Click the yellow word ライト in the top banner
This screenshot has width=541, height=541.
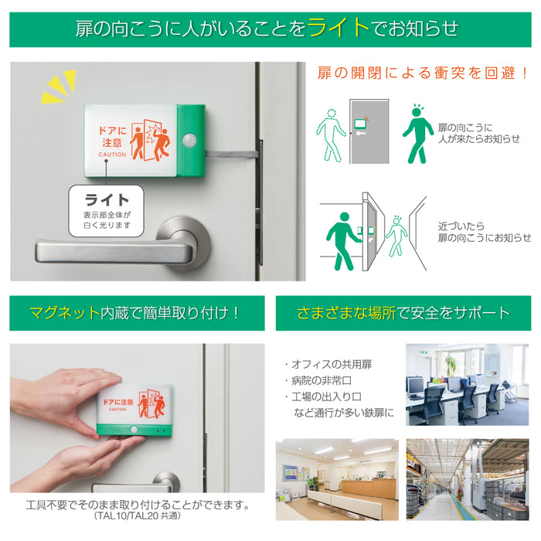tap(339, 28)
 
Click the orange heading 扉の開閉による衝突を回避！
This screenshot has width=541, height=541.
tap(424, 73)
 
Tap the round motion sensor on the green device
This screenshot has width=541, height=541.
tap(189, 140)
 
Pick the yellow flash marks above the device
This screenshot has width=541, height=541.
tap(59, 87)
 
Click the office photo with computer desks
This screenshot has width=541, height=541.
tap(467, 385)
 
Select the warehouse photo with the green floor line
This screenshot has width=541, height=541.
tap(467, 479)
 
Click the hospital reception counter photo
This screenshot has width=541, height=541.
tap(337, 479)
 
